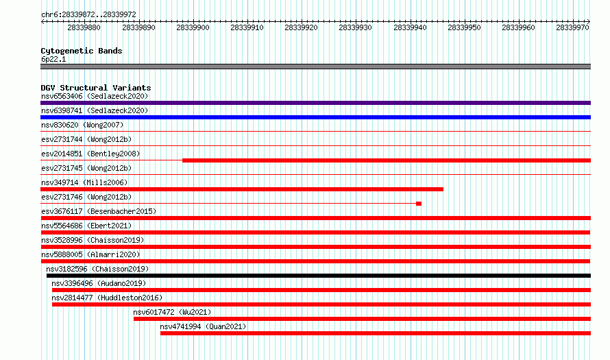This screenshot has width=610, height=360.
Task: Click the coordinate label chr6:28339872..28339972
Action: pyautogui.click(x=88, y=15)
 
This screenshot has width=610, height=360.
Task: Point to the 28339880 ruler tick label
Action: pyautogui.click(x=84, y=27)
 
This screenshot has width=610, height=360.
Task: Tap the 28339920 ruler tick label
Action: pyautogui.click(x=301, y=27)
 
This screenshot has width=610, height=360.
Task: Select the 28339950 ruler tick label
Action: pyautogui.click(x=464, y=27)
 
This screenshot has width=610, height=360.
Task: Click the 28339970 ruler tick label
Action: pyautogui.click(x=573, y=27)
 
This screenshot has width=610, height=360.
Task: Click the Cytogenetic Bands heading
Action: pyautogui.click(x=82, y=51)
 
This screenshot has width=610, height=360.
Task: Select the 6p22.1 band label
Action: pyautogui.click(x=53, y=59)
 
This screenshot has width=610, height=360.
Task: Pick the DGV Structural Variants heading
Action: pyautogui.click(x=96, y=88)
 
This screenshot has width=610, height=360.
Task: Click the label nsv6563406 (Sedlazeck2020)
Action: pyautogui.click(x=95, y=96)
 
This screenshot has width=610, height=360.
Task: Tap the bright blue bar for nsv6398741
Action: pyautogui.click(x=315, y=117)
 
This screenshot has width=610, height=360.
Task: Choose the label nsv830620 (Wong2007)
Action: pyautogui.click(x=82, y=125)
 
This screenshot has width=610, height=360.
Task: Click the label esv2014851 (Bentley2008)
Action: pyautogui.click(x=90, y=154)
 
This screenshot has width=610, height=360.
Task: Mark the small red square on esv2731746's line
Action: pyautogui.click(x=419, y=204)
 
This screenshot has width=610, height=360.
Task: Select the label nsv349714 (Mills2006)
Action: pyautogui.click(x=84, y=182)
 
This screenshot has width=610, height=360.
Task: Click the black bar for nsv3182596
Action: pyautogui.click(x=319, y=276)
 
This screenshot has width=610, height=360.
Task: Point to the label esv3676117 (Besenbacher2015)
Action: pyautogui.click(x=99, y=211)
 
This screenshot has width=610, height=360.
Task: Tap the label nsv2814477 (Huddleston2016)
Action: pyautogui.click(x=107, y=298)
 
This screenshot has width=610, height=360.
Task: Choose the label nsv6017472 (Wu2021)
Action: pyautogui.click(x=172, y=312)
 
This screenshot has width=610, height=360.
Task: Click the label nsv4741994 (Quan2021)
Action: pyautogui.click(x=203, y=326)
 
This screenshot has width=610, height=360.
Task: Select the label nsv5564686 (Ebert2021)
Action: pyautogui.click(x=86, y=226)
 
